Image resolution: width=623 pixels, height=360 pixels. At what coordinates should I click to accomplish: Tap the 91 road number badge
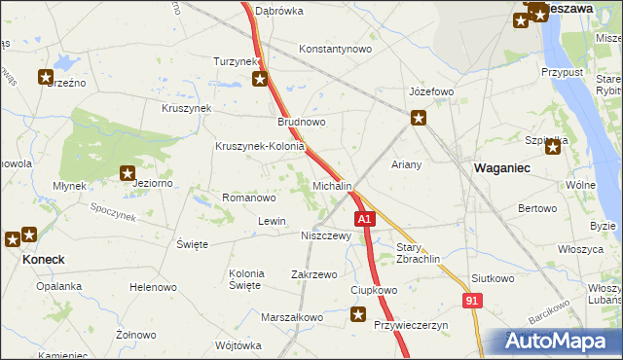(x=472, y=303)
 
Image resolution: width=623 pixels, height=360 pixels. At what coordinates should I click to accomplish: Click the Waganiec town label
(x=501, y=168)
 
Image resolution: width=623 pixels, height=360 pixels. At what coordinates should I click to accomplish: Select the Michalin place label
(x=332, y=185)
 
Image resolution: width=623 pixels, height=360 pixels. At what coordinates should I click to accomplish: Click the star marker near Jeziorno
(x=128, y=174)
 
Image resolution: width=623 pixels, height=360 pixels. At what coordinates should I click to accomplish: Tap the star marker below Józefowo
(x=419, y=119)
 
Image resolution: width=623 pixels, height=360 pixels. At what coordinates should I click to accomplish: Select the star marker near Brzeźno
(x=46, y=77)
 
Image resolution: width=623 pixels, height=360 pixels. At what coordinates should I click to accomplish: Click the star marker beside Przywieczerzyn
(x=359, y=314)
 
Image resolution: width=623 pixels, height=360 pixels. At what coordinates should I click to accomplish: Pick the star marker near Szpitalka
(x=554, y=147)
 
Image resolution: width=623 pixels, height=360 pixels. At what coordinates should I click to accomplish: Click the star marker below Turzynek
(x=260, y=79)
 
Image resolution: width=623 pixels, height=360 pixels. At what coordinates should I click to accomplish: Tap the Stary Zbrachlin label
(x=419, y=253)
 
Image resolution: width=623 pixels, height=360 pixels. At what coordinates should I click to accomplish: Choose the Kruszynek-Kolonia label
(x=260, y=147)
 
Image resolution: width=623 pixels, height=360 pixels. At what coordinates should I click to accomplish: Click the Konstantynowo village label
(x=336, y=49)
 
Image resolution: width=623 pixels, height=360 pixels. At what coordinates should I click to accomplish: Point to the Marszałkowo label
(x=291, y=317)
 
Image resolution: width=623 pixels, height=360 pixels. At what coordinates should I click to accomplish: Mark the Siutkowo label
(x=493, y=278)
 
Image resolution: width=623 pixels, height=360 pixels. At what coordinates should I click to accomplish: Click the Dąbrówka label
(x=279, y=12)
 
